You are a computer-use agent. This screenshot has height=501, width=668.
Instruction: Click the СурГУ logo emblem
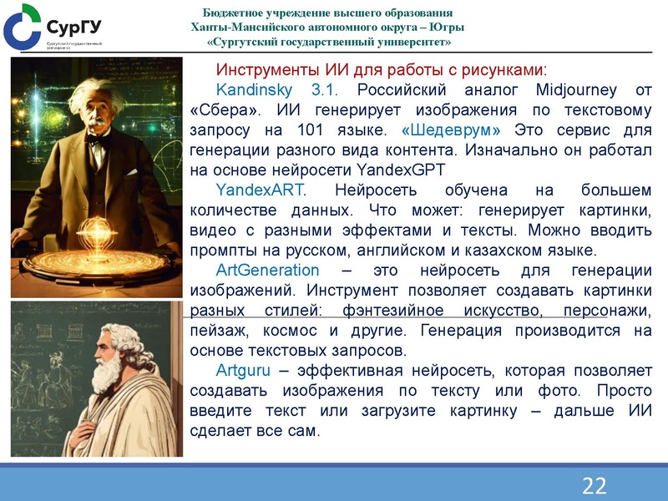[x=21, y=25]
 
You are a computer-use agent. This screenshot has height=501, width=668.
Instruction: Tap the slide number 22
[x=594, y=485]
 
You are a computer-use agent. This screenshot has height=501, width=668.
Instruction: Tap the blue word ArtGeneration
[x=267, y=271]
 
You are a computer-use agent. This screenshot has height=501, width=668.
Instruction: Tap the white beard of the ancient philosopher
[x=107, y=376]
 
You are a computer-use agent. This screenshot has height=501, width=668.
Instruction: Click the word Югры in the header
[x=446, y=27]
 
